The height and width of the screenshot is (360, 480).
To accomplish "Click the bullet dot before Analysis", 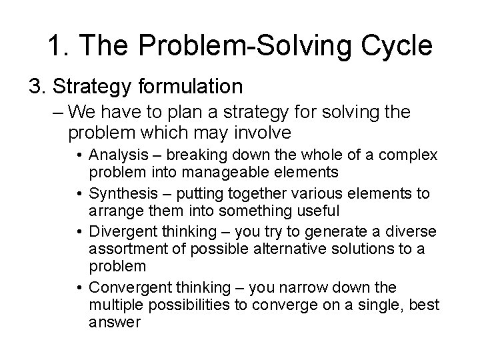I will [x=80, y=156].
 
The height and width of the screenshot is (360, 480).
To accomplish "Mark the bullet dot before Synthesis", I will [x=80, y=194].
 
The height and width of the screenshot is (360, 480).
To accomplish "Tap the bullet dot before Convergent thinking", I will [x=80, y=288].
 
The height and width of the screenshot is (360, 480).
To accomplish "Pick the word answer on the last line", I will [x=115, y=322].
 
